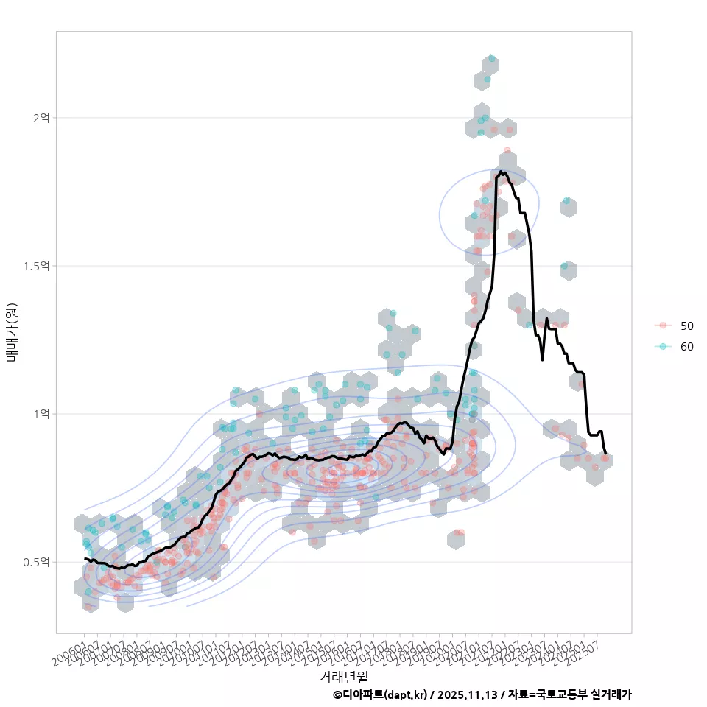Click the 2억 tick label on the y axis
(41, 117)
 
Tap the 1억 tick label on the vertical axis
(41, 413)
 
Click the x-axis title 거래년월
(343, 675)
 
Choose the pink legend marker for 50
(663, 326)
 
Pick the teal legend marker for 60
(663, 347)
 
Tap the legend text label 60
(686, 347)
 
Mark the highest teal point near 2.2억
(491, 59)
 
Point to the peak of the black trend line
(501, 172)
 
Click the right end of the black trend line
(605, 453)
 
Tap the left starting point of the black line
(85, 559)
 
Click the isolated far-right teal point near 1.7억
(566, 200)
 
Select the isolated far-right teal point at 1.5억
(564, 266)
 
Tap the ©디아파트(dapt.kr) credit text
(380, 694)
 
